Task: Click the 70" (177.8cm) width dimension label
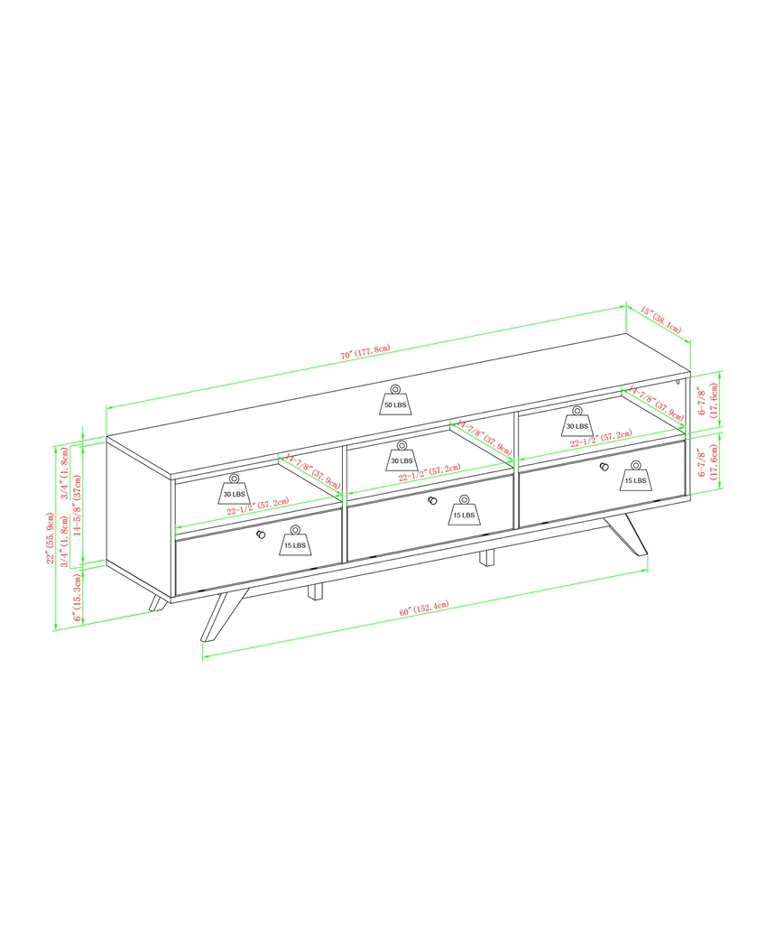coord(364,353)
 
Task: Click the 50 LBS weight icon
coord(394,401)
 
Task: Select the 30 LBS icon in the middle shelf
coord(401,456)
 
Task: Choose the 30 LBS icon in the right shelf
coord(577,420)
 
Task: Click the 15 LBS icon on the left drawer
coord(294,541)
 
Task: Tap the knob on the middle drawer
coord(432,501)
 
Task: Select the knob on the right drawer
coord(603,467)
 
